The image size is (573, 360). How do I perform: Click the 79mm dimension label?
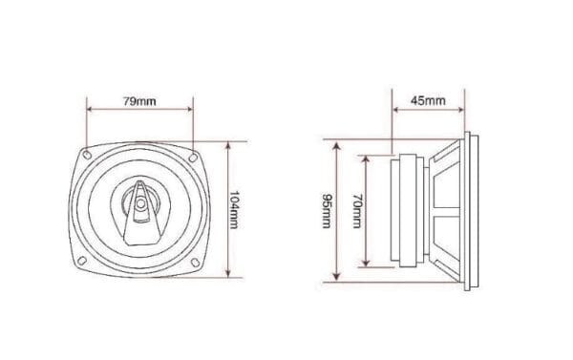tap(139, 101)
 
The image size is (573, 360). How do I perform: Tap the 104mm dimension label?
tap(234, 210)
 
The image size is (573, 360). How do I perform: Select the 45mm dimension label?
tap(428, 100)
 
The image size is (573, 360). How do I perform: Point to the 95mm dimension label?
tap(327, 211)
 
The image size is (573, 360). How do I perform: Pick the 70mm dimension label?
tap(357, 211)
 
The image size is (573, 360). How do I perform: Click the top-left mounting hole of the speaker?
tap(87, 155)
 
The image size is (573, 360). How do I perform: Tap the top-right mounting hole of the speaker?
tap(193, 158)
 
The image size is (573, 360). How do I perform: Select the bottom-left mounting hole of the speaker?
tap(82, 261)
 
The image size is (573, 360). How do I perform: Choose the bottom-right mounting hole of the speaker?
tap(196, 262)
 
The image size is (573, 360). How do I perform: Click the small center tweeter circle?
tap(140, 203)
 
